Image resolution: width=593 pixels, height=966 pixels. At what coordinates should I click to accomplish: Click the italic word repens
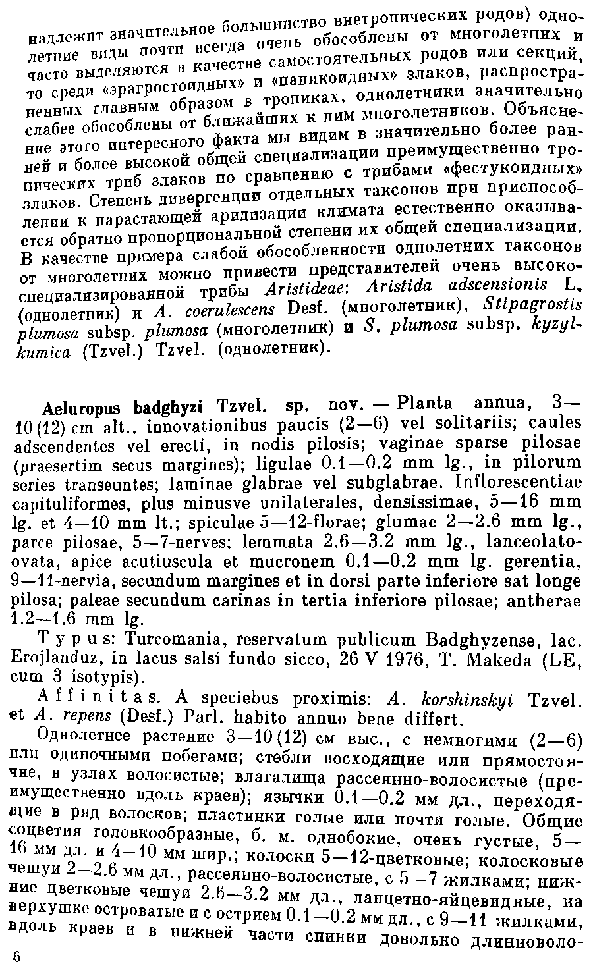click(x=69, y=717)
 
